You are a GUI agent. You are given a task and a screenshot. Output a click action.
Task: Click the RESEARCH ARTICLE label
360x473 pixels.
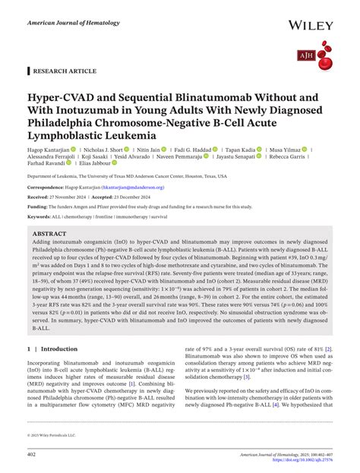point(65,71)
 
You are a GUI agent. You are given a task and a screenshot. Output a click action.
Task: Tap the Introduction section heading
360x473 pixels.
point(59,348)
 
